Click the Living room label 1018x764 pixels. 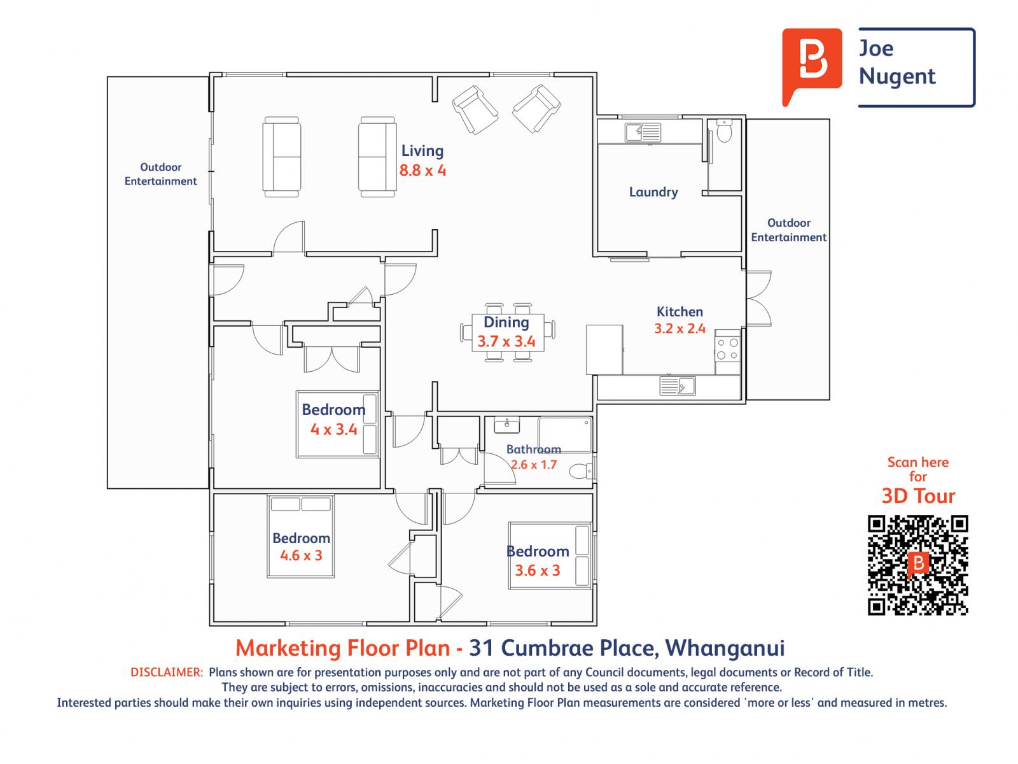click(422, 151)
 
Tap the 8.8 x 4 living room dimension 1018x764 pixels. click(422, 171)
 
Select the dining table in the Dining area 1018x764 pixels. click(507, 332)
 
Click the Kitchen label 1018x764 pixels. click(680, 311)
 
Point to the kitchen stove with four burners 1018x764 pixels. click(728, 347)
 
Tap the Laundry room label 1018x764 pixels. click(653, 192)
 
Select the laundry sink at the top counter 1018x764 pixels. click(643, 132)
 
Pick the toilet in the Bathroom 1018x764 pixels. click(582, 471)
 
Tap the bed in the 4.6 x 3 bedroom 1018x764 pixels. click(300, 536)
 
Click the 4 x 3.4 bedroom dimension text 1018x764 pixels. click(333, 430)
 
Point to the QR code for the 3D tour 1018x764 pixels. click(917, 565)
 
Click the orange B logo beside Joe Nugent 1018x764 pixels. click(812, 64)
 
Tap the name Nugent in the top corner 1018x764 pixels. click(897, 76)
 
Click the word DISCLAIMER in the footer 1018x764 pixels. click(167, 672)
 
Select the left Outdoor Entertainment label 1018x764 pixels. click(160, 174)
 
